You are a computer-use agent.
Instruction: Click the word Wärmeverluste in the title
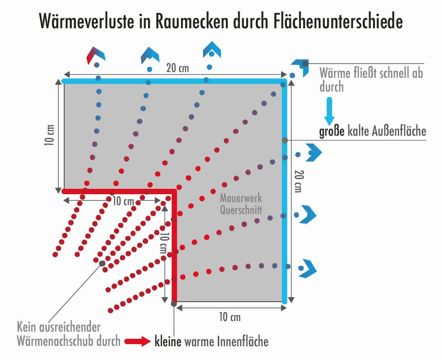click(87, 21)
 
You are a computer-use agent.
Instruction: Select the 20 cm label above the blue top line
click(177, 68)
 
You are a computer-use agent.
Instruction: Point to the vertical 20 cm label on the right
click(298, 181)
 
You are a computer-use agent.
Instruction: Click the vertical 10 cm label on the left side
click(50, 135)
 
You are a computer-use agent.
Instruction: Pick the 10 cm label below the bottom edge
click(230, 317)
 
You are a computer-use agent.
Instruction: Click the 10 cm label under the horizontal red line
click(123, 201)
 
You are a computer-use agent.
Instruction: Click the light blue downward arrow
click(329, 111)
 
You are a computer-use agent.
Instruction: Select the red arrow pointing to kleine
click(138, 341)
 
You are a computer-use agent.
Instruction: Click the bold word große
click(332, 131)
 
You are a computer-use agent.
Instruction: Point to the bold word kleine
click(168, 341)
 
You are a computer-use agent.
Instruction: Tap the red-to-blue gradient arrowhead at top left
click(96, 55)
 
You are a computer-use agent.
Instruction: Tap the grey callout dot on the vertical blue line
click(285, 140)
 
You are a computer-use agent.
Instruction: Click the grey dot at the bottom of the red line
click(174, 303)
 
